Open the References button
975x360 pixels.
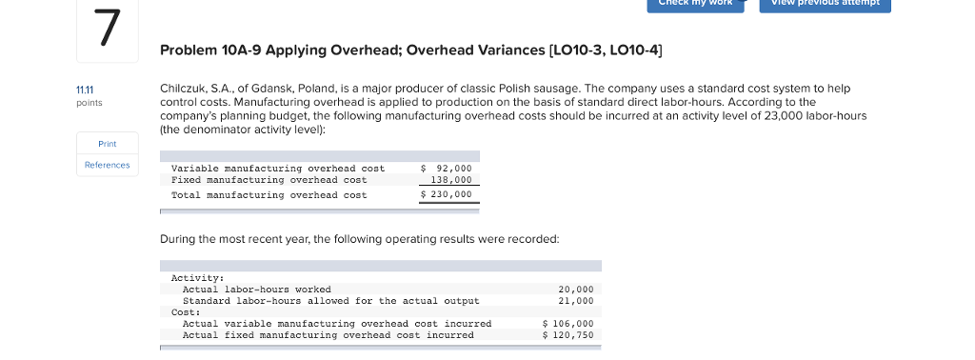click(x=107, y=165)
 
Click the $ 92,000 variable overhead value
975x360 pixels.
click(x=447, y=169)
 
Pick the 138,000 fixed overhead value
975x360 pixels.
click(x=451, y=180)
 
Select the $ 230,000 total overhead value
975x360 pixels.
click(x=447, y=195)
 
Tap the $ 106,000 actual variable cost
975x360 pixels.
click(x=567, y=324)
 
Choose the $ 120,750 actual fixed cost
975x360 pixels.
click(x=567, y=335)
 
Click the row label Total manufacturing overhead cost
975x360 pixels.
click(x=269, y=195)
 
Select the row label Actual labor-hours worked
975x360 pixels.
click(x=257, y=290)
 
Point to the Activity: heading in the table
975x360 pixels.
click(x=197, y=278)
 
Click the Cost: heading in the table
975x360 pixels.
click(x=186, y=312)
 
